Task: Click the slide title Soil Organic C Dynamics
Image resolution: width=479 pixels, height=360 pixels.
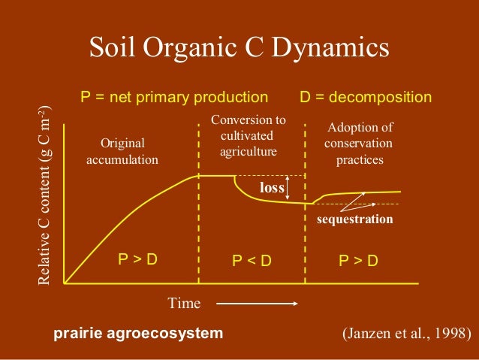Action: tap(239, 49)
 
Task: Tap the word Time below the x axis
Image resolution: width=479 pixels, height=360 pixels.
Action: tap(184, 303)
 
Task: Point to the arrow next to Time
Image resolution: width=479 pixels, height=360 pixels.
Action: tap(258, 304)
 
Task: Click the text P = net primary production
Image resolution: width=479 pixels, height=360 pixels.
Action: tap(174, 97)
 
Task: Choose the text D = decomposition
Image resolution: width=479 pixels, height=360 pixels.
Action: tap(366, 97)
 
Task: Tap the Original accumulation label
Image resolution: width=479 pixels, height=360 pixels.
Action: tap(122, 151)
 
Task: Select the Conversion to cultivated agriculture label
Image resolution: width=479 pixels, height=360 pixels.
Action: tap(249, 135)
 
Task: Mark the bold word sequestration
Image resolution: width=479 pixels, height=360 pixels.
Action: tap(355, 219)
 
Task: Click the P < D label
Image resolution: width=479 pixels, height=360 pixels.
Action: tap(251, 262)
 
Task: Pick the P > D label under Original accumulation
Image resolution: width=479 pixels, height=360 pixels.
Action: tap(137, 260)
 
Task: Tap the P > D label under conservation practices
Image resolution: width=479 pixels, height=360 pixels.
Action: tap(357, 262)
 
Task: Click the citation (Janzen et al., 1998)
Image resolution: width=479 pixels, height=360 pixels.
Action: tap(405, 333)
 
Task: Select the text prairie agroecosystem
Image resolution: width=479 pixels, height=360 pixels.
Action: tap(138, 333)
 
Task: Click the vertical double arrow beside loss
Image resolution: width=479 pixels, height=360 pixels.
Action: tap(289, 188)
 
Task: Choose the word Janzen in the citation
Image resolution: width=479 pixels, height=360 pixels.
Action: tap(368, 333)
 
